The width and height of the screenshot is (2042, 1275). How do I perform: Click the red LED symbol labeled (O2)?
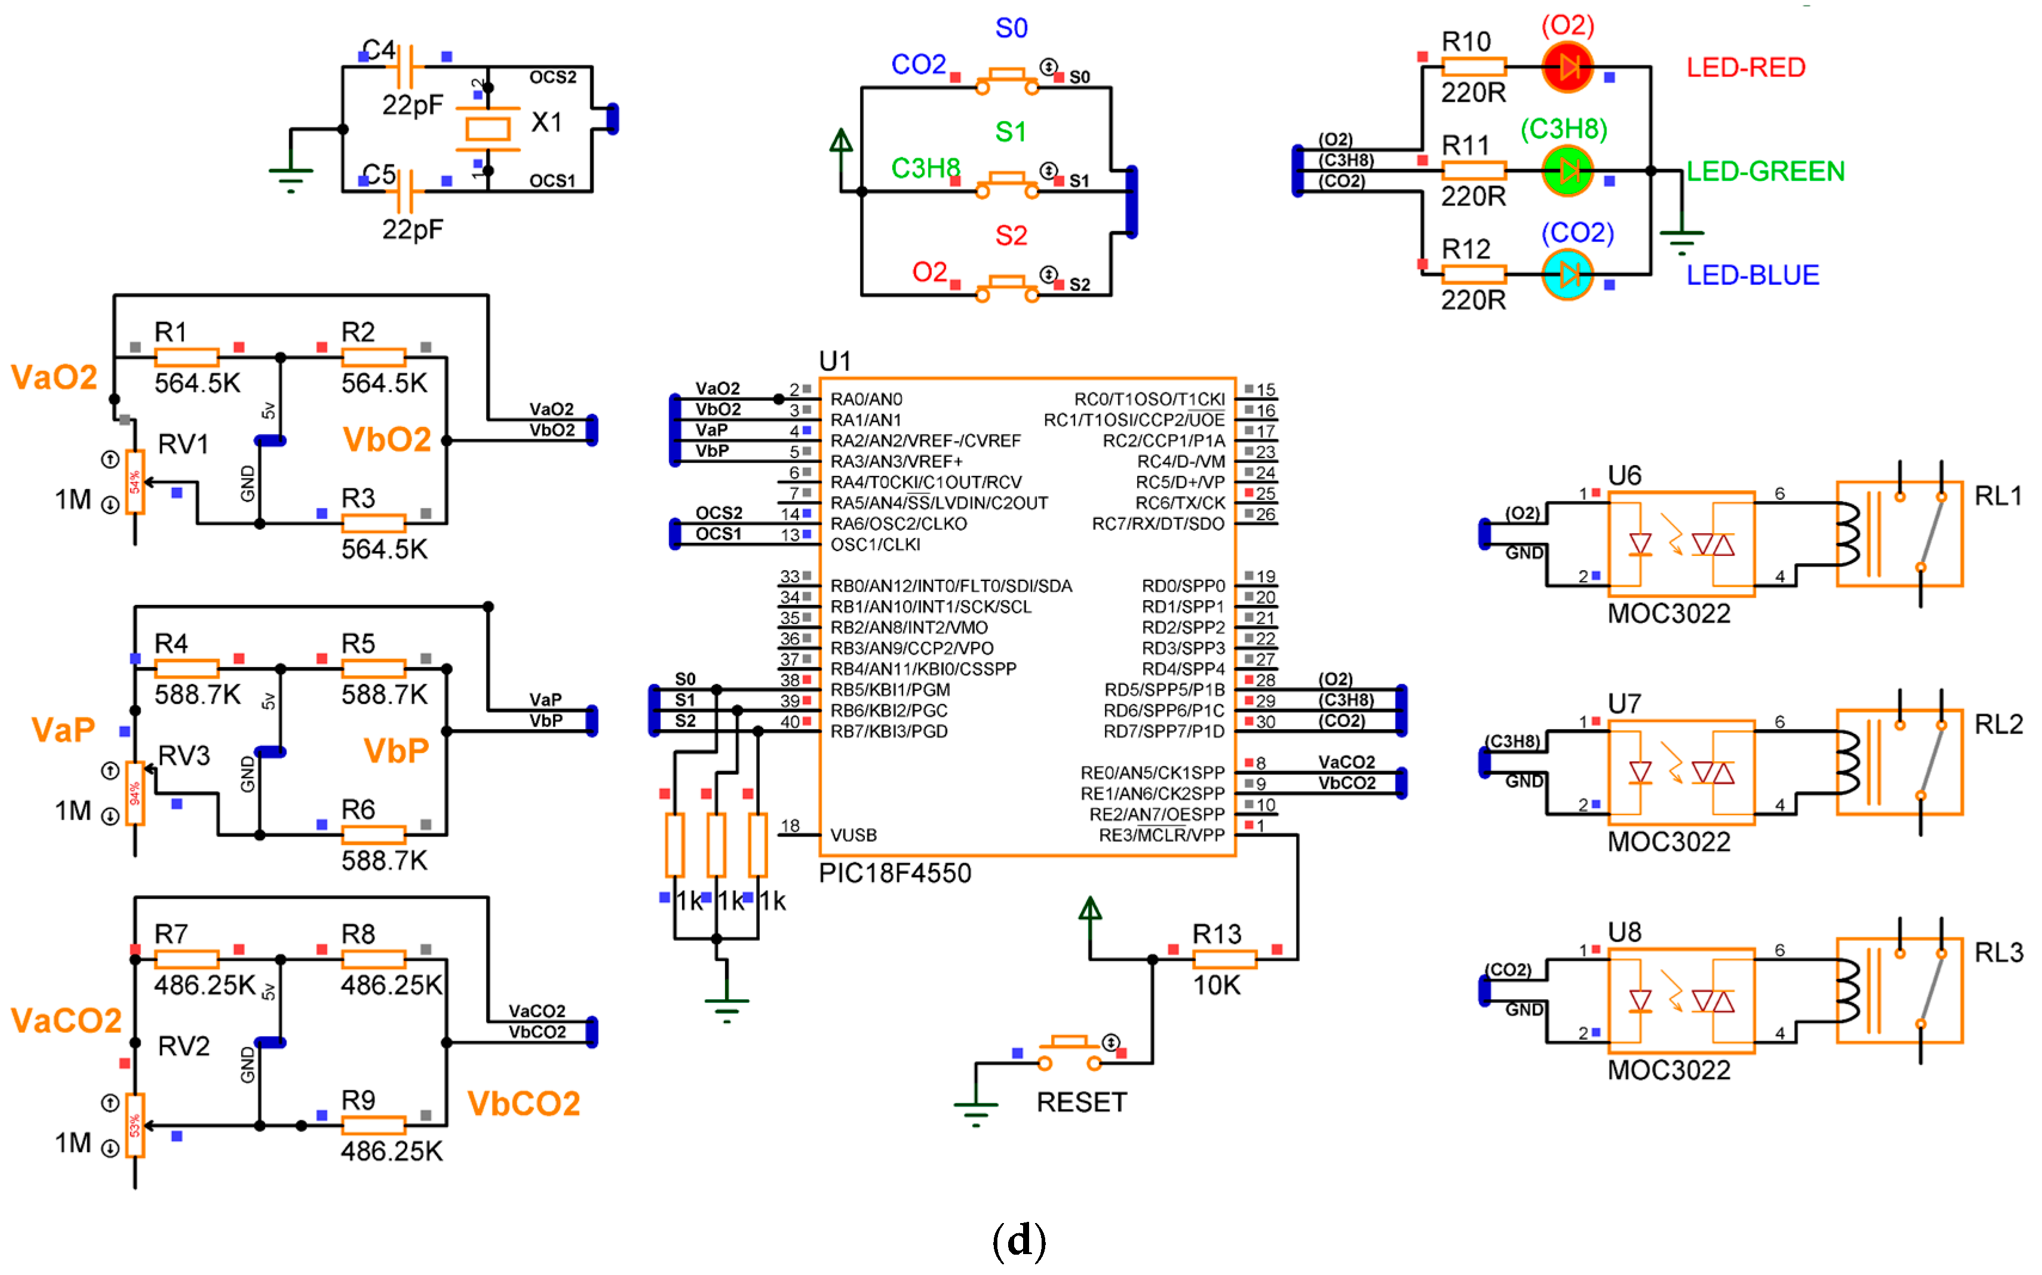[1567, 67]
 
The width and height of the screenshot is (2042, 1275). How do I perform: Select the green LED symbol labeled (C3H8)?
[1567, 171]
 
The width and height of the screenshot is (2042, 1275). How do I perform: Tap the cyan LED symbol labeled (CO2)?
[1567, 275]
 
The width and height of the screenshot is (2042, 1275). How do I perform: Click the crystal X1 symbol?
[488, 129]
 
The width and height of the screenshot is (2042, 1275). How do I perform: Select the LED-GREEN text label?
[1765, 171]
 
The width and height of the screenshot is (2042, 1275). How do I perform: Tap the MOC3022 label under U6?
[1669, 613]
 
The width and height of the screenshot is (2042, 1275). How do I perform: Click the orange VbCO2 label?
[524, 1104]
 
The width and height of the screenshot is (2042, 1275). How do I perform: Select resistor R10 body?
[1474, 67]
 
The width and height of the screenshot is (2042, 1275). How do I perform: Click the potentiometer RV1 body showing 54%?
[135, 481]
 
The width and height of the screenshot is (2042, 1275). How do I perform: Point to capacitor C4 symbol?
[406, 67]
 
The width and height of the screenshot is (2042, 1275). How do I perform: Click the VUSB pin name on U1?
[853, 835]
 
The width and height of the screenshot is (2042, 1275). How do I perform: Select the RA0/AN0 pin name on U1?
[866, 399]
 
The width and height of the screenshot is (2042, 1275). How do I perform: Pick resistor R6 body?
[373, 835]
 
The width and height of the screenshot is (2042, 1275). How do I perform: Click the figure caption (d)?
[1020, 1240]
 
